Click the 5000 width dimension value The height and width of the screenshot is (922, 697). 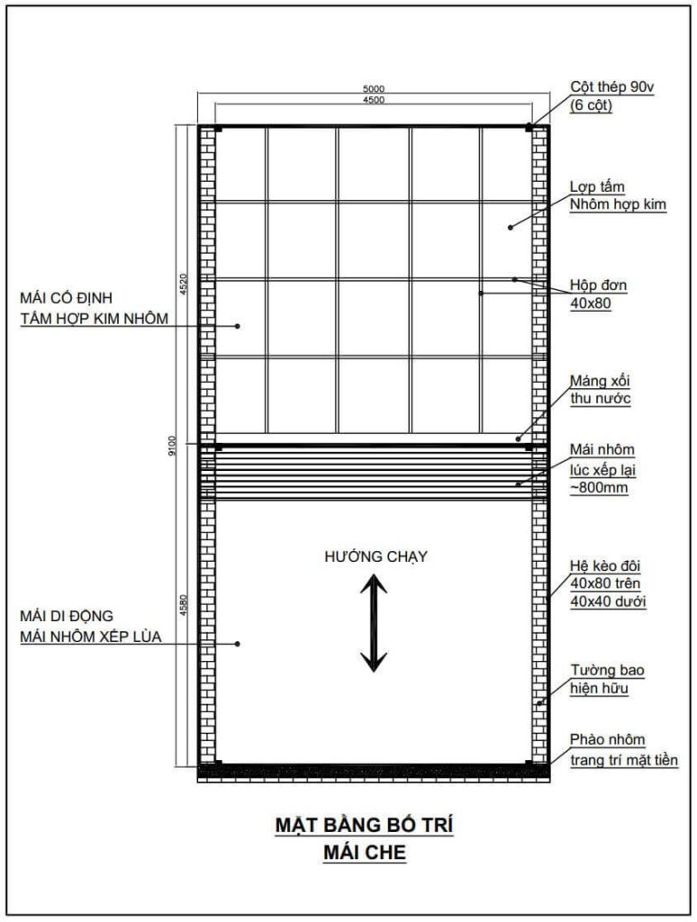tap(374, 89)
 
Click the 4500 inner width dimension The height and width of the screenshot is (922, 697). tap(374, 100)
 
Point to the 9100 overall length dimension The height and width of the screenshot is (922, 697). tap(172, 446)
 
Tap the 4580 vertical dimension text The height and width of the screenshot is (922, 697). tap(183, 605)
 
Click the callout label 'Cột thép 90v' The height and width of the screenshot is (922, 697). tap(611, 87)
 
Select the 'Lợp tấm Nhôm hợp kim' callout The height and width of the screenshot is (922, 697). tap(618, 195)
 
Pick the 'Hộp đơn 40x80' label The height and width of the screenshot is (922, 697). tap(598, 294)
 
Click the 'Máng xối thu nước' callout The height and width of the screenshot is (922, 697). tap(600, 389)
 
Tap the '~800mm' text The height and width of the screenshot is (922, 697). tap(599, 487)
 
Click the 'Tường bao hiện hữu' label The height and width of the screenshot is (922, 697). tap(607, 679)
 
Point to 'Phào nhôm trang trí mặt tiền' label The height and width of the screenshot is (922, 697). tap(623, 750)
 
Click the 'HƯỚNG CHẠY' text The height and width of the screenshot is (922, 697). tap(376, 556)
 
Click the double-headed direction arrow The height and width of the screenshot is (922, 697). tap(374, 623)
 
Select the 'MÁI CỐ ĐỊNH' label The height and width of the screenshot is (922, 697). tap(66, 297)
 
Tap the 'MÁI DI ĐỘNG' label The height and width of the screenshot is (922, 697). tap(67, 616)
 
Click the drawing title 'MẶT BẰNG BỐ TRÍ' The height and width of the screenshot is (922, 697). tap(365, 825)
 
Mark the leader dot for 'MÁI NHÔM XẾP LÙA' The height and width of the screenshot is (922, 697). tap(238, 644)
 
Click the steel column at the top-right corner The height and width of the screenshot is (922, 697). tap(529, 127)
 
